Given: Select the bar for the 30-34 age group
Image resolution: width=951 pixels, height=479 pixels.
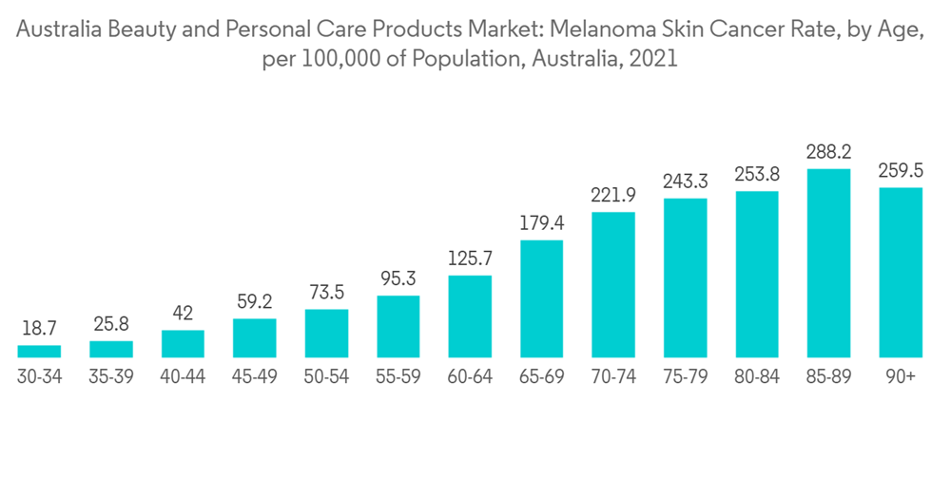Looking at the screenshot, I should pos(39,351).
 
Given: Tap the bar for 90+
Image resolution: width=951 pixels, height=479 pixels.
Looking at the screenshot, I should pos(900,272).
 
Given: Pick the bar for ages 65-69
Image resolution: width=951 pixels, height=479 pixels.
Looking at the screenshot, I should pos(541,298).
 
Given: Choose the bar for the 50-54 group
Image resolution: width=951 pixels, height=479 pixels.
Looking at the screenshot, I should pos(326,333).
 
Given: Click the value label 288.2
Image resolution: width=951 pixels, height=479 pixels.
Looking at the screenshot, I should pos(828,151).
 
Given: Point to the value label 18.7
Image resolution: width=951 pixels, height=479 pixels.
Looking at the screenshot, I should pos(39,328).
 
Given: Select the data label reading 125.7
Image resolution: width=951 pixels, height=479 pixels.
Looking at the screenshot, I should pos(470,258).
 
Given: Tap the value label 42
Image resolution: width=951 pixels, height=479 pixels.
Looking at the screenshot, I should pos(183,313).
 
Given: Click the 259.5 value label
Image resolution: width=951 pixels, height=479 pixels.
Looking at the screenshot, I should pos(900,170).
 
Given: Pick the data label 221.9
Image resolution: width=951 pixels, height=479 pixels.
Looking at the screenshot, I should pos(613,195).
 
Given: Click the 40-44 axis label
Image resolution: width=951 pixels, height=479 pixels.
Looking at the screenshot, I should pos(183,377).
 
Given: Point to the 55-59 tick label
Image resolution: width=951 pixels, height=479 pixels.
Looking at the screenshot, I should pos(398,377).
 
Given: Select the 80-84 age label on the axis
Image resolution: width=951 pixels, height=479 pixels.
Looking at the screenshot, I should pos(756,377).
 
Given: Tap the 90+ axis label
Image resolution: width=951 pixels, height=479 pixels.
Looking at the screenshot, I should pos(900,377).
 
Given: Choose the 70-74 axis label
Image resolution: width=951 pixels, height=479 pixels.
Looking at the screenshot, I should pos(613,377).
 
